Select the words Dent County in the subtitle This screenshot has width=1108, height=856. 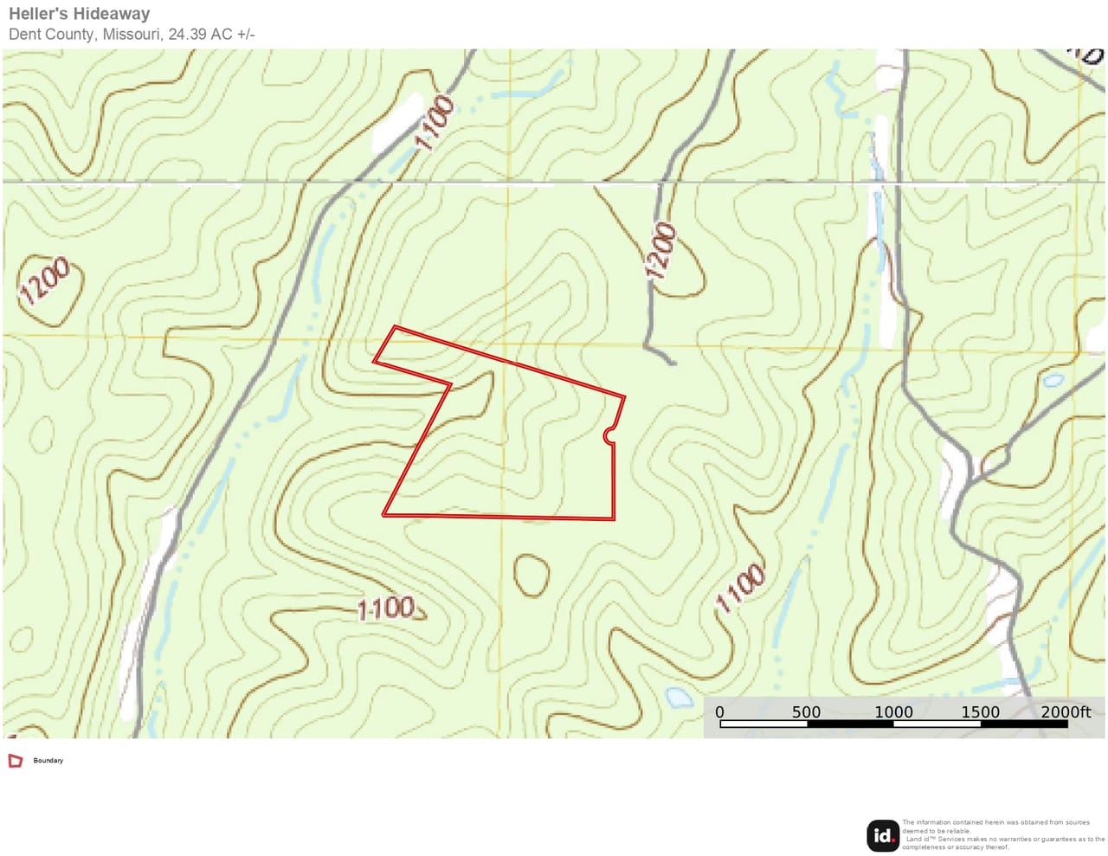click(51, 35)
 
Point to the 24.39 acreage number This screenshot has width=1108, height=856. click(188, 35)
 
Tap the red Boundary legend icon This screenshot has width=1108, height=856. click(15, 761)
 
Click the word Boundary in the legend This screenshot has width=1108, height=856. click(48, 761)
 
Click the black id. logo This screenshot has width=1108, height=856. click(883, 835)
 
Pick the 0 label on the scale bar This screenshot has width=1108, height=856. click(719, 712)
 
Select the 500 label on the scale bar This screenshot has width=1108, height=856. click(806, 712)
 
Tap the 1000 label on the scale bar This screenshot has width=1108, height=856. click(893, 712)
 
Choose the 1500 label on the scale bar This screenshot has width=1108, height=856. click(980, 712)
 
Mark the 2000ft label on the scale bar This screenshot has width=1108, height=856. click(1066, 712)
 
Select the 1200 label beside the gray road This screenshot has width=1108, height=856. click(661, 251)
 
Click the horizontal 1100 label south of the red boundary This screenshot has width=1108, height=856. click(386, 608)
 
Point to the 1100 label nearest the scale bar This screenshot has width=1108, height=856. click(740, 589)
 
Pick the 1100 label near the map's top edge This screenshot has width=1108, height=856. click(435, 123)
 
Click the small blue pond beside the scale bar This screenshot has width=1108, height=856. click(679, 697)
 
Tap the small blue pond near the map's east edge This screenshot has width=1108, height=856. click(1053, 380)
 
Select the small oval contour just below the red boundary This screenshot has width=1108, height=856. click(531, 575)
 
